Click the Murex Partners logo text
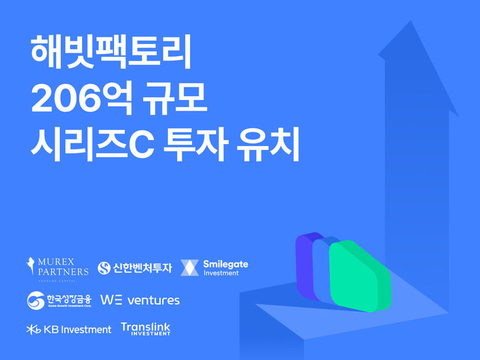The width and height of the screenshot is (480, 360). [63, 266]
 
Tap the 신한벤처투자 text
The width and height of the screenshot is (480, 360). [143, 268]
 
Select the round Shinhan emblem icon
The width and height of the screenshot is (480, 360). [104, 268]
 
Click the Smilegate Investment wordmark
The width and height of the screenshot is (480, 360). [225, 267]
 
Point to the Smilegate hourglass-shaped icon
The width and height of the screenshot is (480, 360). [190, 267]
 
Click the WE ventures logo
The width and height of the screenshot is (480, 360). [140, 300]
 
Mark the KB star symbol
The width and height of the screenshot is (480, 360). [33, 329]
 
